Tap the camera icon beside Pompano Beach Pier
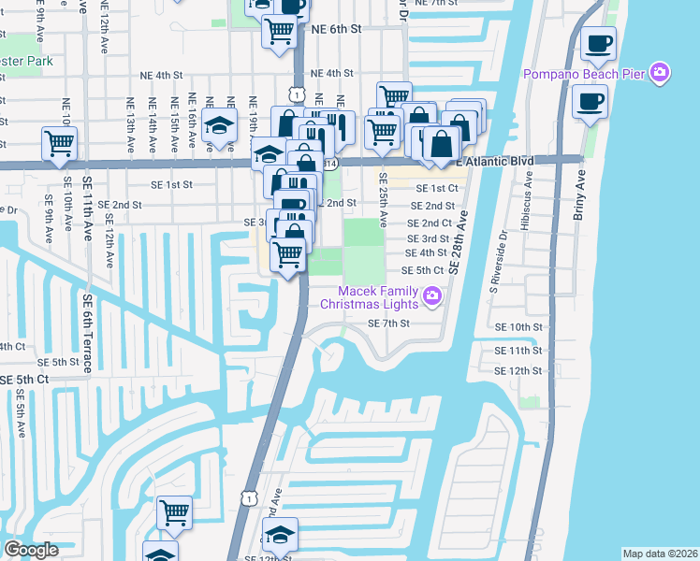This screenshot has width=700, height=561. (661, 72)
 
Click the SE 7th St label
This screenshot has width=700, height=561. (389, 324)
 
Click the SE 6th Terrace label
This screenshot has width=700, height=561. (87, 333)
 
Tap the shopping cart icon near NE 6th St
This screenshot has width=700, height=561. (279, 31)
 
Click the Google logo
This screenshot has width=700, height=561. (31, 550)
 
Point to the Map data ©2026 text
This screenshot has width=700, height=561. (660, 554)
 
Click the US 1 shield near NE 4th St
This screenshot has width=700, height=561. (296, 93)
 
